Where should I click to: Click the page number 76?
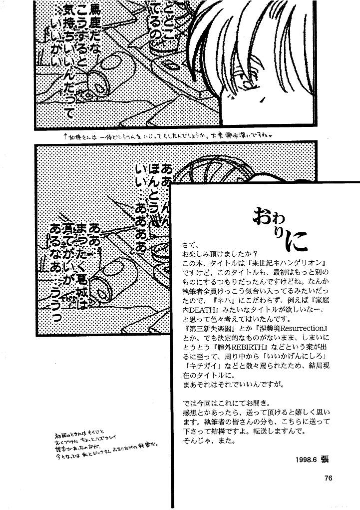point(328,478)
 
